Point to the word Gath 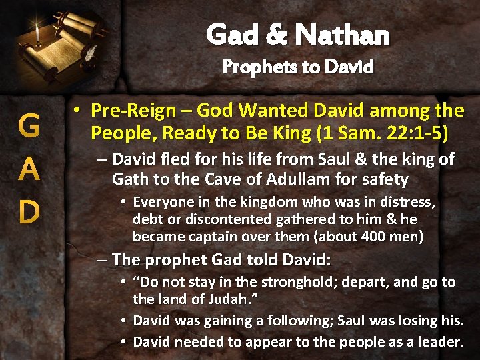tap(127, 179)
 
